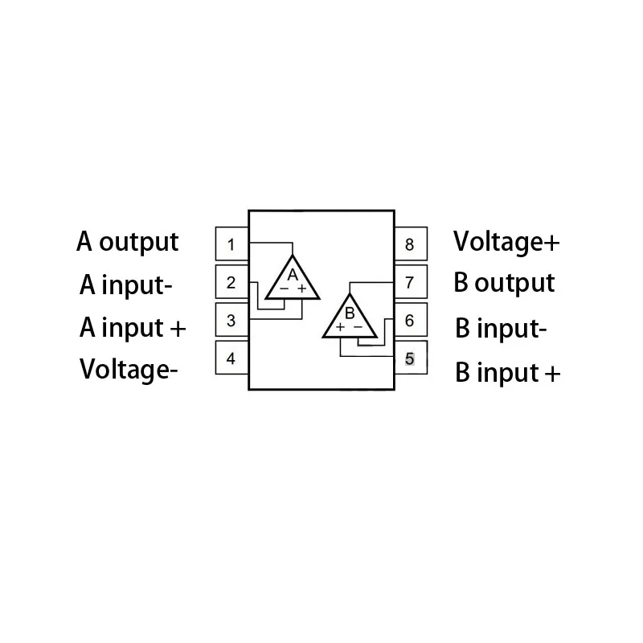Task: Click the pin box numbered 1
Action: click(231, 244)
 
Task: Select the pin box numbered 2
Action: click(231, 282)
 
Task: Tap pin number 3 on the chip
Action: click(231, 320)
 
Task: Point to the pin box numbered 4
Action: click(231, 358)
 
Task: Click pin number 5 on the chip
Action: click(410, 358)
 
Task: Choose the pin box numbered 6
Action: click(410, 321)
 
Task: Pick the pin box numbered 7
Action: click(410, 282)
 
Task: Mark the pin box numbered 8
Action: click(410, 244)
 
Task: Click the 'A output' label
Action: click(128, 242)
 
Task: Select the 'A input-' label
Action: click(126, 285)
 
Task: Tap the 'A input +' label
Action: click(133, 328)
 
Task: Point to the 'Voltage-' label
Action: click(129, 370)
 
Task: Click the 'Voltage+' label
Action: click(506, 241)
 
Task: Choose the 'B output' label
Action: click(504, 283)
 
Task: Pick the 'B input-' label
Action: click(501, 329)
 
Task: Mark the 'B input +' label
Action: click(507, 373)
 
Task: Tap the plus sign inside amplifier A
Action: click(302, 289)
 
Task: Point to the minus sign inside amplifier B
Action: click(358, 328)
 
